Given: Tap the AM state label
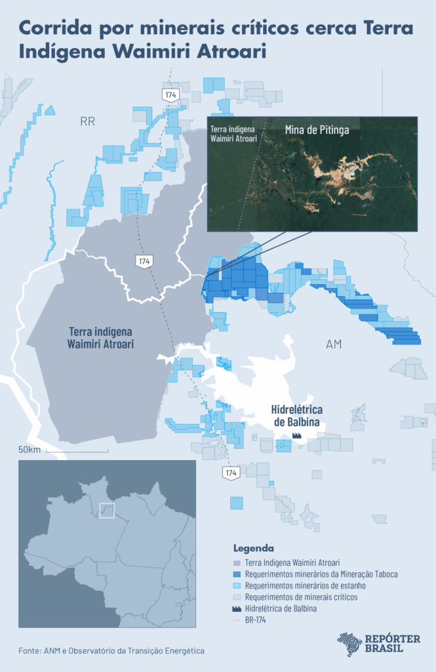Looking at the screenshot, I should point(334,345).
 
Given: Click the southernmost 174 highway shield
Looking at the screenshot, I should point(230,472).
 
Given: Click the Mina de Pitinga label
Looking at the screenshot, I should point(317,130).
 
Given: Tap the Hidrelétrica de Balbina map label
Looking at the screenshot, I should point(295,415).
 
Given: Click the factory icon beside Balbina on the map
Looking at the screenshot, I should point(296,434).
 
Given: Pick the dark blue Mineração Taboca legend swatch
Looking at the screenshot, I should point(237,574).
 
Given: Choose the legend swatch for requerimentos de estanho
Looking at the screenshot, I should point(237,585).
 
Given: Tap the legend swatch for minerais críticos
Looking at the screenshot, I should point(237,597).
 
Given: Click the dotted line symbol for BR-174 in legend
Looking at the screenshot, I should point(237,620).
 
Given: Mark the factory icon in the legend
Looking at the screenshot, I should point(237,608).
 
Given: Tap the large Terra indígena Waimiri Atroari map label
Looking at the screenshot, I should point(100,337).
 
